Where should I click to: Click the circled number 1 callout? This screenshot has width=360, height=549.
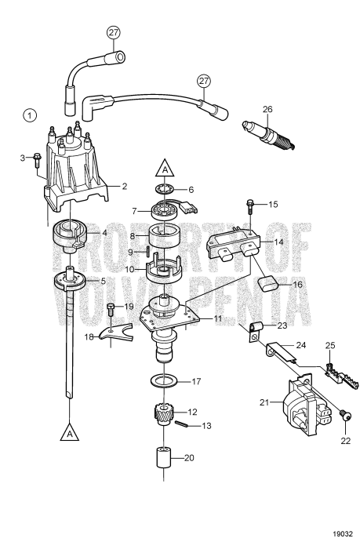tap(30, 115)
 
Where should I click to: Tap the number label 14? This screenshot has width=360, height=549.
tap(278, 243)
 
